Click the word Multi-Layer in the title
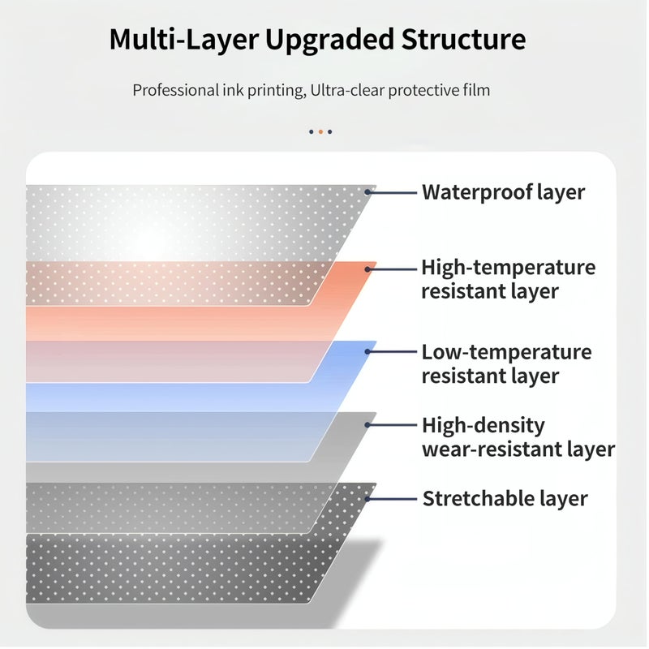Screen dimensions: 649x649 [184, 40]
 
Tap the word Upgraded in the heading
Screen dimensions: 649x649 [330, 41]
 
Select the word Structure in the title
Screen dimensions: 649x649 [463, 39]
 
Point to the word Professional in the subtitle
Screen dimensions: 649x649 [175, 90]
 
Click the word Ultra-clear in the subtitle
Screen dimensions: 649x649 [347, 90]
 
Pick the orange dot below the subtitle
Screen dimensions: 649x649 [320, 131]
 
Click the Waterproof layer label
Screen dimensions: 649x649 [503, 192]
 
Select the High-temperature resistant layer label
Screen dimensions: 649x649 [509, 279]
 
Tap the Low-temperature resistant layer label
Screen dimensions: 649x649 [506, 363]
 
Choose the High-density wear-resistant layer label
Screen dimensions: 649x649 [518, 437]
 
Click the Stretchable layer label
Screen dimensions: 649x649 [505, 498]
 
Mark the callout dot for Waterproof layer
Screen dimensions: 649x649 [367, 192]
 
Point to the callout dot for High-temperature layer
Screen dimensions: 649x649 [367, 269]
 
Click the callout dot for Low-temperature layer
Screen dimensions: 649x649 [367, 351]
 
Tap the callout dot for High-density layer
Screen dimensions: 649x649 [367, 424]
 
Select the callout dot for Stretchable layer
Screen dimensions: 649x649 [367, 499]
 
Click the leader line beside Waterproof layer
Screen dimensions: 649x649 [393, 192]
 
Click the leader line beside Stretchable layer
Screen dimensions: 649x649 [393, 499]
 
